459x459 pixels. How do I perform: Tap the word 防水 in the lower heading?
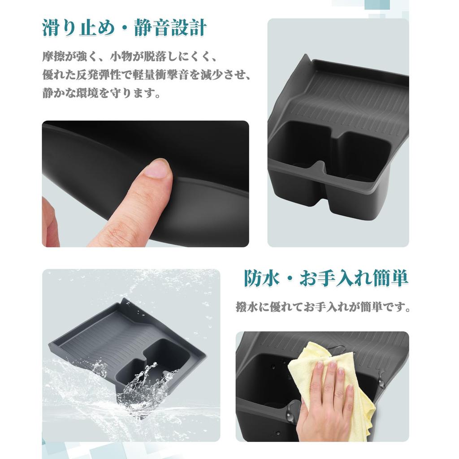coord(261,278)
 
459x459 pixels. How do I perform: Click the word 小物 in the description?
coord(122,57)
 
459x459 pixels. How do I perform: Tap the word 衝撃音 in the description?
coord(179,75)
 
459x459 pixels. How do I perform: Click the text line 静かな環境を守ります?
coord(102,94)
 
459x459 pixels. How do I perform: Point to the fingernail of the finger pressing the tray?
coord(157,169)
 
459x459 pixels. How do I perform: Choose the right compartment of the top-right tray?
coord(363,155)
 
